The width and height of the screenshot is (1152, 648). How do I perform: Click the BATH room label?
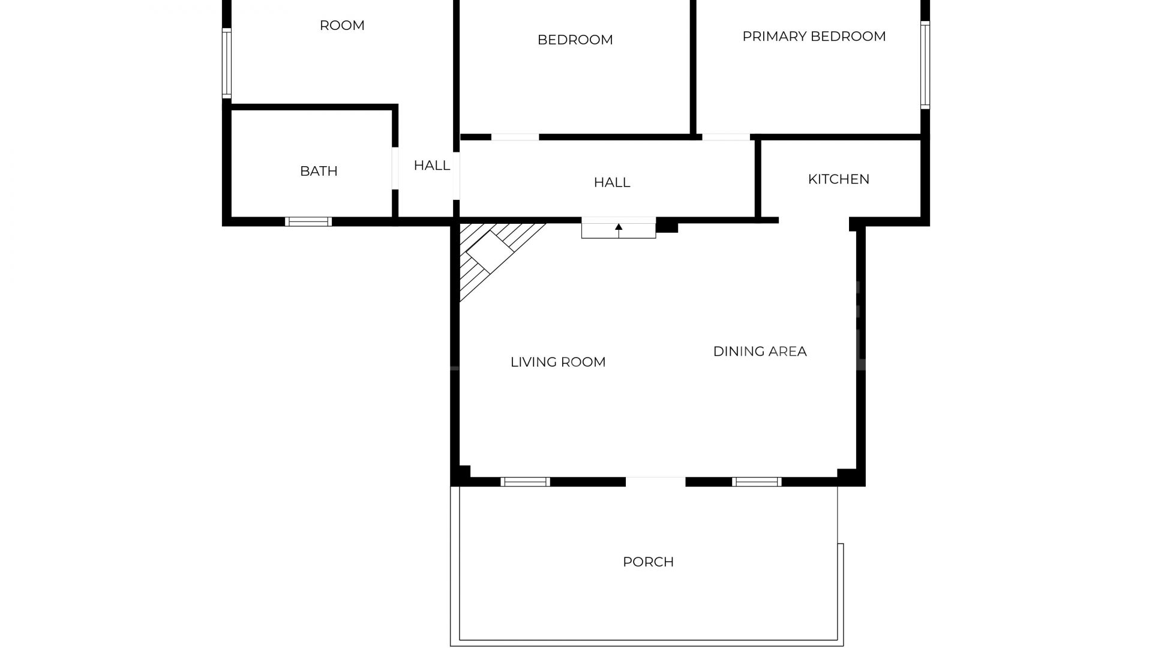click(319, 171)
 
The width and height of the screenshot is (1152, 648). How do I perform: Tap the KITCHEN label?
click(838, 179)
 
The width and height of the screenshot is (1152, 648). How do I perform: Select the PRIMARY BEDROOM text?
click(814, 36)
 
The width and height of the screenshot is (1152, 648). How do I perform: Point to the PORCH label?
click(648, 562)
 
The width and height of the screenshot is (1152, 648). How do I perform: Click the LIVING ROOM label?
click(557, 362)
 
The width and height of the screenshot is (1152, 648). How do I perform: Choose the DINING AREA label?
click(760, 351)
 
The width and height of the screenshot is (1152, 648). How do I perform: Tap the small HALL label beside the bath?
click(431, 165)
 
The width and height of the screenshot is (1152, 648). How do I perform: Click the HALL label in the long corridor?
click(611, 182)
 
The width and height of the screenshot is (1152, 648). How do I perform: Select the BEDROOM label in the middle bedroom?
click(575, 40)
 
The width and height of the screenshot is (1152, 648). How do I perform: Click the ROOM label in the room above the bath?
click(341, 25)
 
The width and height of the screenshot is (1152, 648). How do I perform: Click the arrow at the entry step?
click(619, 228)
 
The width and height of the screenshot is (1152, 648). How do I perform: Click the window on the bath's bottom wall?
click(308, 221)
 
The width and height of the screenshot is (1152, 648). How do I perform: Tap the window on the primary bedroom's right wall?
click(925, 65)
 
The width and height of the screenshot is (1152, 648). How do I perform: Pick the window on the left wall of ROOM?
click(227, 64)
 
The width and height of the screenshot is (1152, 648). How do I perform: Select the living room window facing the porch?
click(525, 481)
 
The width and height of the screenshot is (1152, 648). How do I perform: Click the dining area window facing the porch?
click(757, 481)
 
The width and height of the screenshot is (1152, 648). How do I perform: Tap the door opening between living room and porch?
click(655, 481)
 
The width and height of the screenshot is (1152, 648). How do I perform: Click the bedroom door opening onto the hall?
click(515, 137)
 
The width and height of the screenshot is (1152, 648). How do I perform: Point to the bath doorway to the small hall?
click(395, 168)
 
